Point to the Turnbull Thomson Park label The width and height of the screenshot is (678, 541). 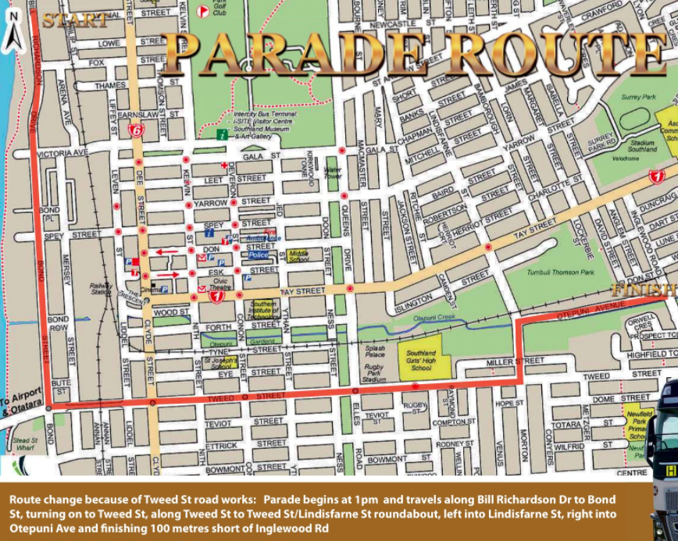(x=561, y=269)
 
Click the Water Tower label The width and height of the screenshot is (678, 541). (x=334, y=172)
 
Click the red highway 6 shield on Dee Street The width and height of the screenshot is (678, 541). (x=137, y=131)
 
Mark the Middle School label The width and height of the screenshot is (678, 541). (x=298, y=255)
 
